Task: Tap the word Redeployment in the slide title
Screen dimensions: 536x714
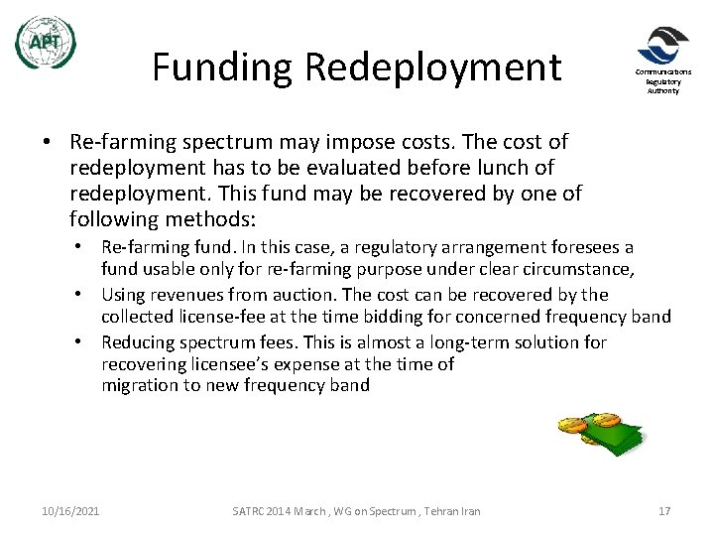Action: pos(433,67)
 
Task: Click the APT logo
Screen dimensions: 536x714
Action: pos(45,43)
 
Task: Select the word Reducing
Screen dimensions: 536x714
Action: pos(138,342)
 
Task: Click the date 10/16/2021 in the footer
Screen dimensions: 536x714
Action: pos(71,511)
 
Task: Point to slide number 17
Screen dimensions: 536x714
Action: pos(664,511)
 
